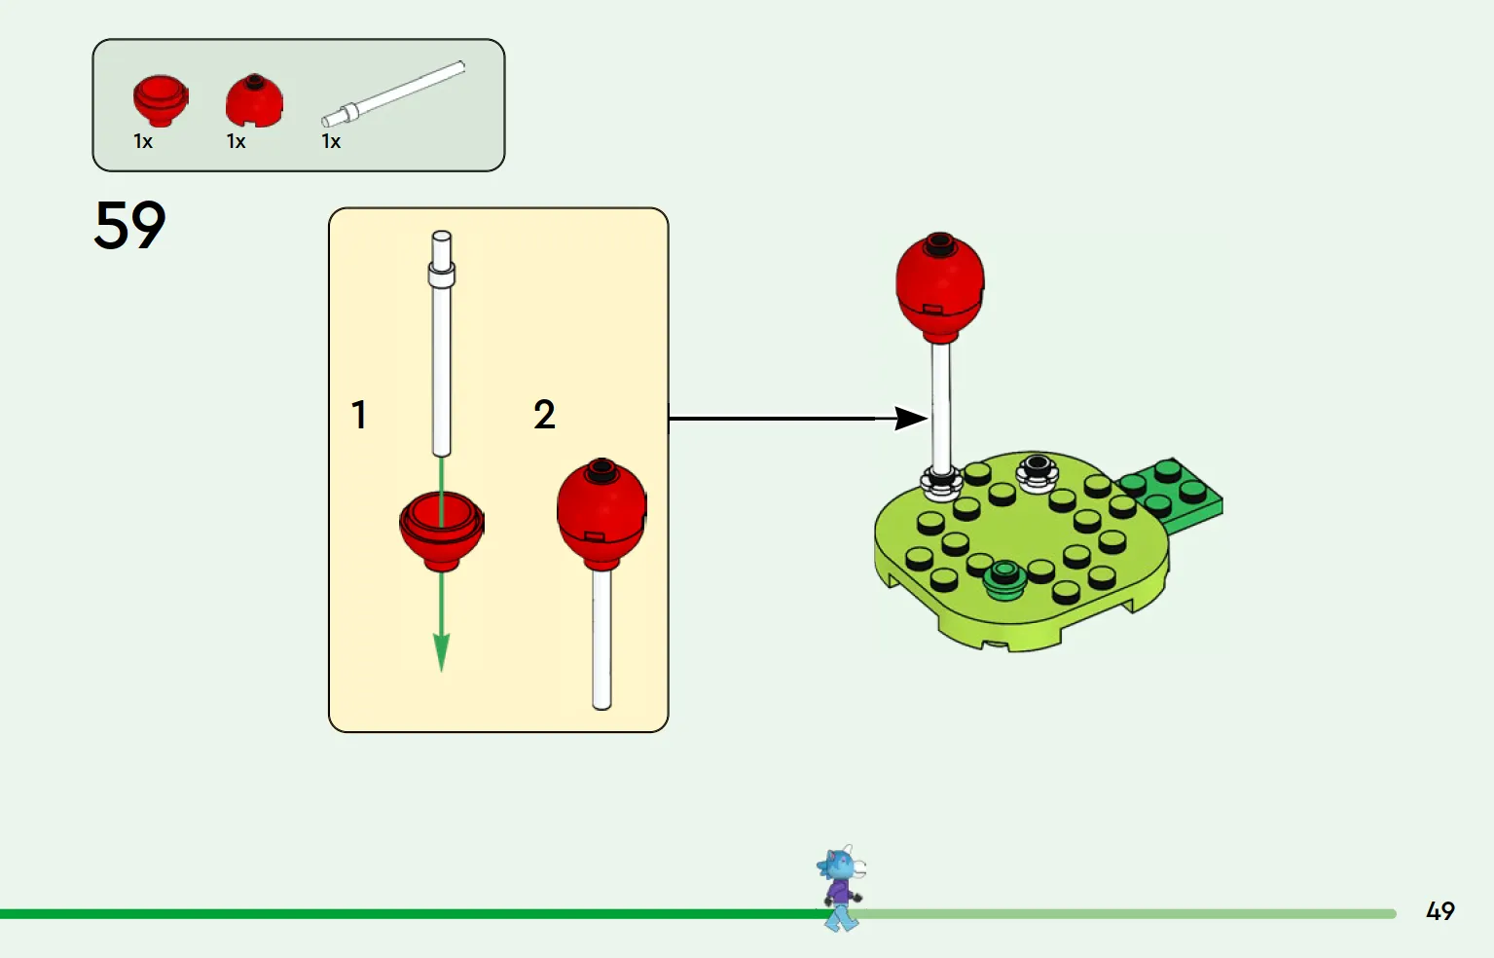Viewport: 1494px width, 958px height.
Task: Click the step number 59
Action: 129,225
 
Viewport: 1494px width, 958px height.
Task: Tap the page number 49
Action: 1439,910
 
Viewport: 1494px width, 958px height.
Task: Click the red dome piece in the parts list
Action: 254,100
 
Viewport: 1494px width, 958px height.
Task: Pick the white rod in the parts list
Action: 393,93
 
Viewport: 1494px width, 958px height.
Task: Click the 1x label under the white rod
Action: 331,141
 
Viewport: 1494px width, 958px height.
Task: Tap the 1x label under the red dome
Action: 237,141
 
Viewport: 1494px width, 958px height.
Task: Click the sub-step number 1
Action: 359,415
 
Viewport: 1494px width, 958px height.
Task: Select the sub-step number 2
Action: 544,415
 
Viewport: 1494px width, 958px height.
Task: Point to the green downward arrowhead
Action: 441,651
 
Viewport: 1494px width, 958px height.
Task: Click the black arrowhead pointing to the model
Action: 910,419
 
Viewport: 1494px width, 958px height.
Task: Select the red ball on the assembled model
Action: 940,287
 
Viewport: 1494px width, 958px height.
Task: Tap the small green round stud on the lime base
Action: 1005,578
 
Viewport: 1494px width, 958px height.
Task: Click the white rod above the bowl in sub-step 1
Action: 442,344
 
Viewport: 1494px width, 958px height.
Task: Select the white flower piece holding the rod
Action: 941,484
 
